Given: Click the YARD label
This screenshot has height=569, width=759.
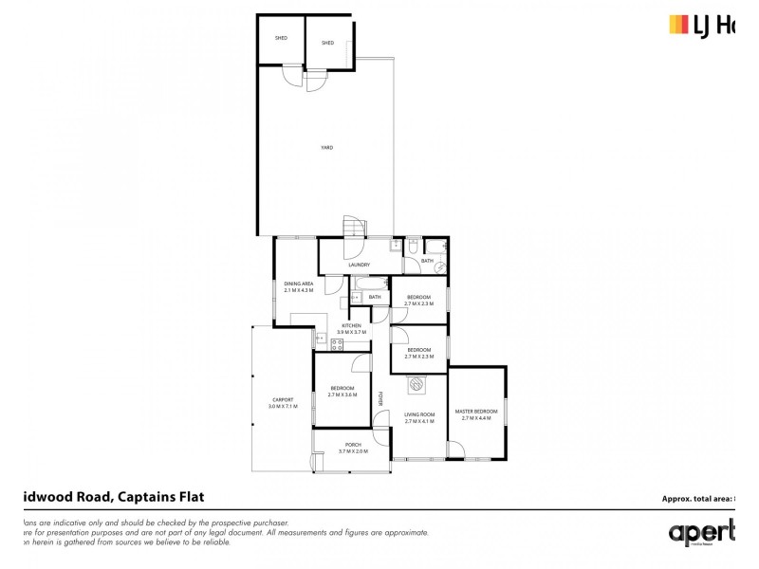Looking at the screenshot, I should [x=325, y=147].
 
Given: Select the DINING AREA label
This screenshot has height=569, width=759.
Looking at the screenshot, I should [x=298, y=284].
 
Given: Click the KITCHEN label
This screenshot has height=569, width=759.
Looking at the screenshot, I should [x=351, y=325].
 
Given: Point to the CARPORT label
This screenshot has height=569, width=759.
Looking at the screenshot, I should [x=283, y=399].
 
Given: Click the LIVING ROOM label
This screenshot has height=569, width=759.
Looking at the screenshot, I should [x=418, y=414].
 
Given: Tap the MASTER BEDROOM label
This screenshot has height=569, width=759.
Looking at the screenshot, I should [x=478, y=411].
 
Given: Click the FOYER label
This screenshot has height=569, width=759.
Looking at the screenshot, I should [x=380, y=398].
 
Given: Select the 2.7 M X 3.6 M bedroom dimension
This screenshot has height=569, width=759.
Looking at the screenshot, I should [x=342, y=395].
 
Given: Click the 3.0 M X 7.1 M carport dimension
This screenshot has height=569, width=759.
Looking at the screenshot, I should [x=283, y=406].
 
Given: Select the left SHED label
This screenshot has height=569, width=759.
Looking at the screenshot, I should [x=281, y=39].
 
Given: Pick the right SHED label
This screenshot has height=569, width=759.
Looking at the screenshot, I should [x=327, y=43].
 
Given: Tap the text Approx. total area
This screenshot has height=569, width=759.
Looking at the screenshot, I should [x=696, y=498].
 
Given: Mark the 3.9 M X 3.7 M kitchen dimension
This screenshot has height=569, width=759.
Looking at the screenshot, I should [x=351, y=332].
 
